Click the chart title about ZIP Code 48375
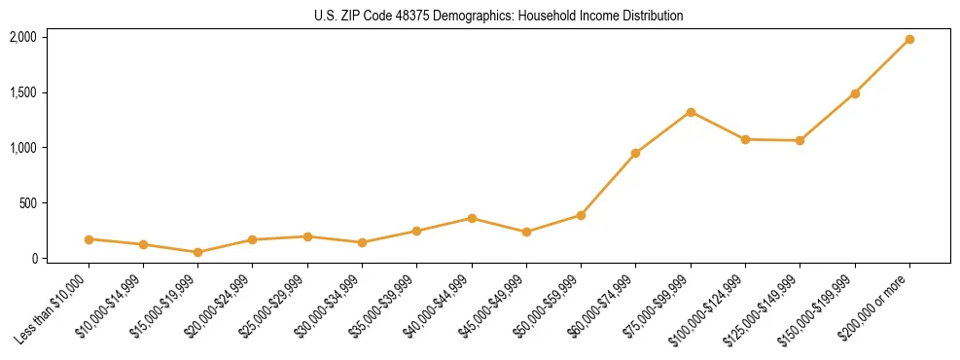tap(498, 16)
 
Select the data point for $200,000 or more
tap(909, 40)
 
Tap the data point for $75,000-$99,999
tap(691, 112)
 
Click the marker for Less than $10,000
tap(89, 239)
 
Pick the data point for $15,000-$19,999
tap(198, 252)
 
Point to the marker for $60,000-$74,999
tap(636, 153)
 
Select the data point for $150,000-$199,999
tap(855, 93)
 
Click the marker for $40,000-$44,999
tap(472, 218)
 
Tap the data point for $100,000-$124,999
tap(745, 139)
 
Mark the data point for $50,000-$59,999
tap(581, 215)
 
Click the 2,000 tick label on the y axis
tap(22, 37)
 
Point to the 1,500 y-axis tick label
tap(22, 92)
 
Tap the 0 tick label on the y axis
tap(33, 259)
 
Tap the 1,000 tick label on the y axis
tap(22, 148)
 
